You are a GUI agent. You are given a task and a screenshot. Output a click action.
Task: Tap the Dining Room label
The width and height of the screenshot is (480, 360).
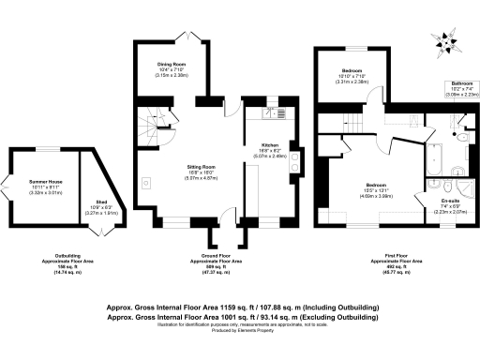172,65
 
